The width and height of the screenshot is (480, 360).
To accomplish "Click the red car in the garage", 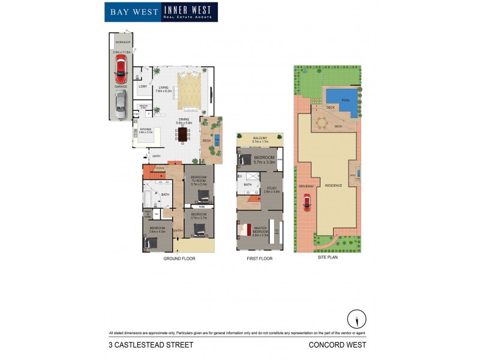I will point(121,70).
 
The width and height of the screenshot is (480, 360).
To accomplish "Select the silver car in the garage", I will point(121,104).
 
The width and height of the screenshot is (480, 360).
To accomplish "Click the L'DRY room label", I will point(142,87).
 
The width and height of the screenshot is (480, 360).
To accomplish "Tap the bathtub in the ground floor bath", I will point(148,199).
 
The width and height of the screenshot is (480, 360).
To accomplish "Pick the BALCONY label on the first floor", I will point(260,138).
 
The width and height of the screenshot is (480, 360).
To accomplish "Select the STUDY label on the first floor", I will point(269,189).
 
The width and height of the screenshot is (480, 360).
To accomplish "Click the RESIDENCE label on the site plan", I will point(334,185).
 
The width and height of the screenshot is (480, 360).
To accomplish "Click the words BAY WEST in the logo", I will point(132,12).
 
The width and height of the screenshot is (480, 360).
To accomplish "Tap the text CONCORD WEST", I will point(337,344).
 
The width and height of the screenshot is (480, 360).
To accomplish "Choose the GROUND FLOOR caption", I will point(179,259).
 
